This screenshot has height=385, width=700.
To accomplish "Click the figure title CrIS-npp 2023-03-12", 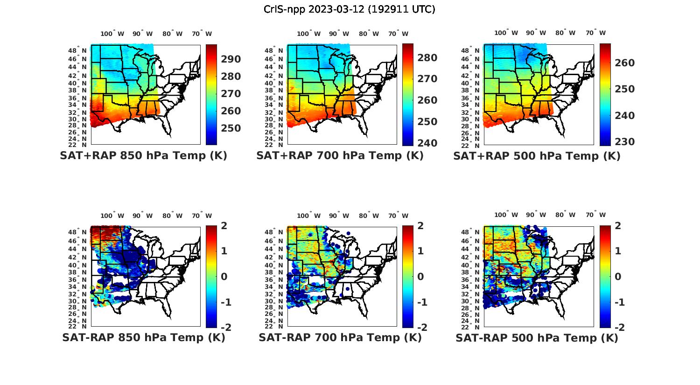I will pos(350,9).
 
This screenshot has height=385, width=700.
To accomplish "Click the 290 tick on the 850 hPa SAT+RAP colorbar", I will pos(231,59).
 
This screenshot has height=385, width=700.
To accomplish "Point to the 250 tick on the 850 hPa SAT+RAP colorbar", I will pos(231,128).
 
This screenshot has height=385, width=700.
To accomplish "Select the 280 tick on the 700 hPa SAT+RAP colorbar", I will pos(427,58).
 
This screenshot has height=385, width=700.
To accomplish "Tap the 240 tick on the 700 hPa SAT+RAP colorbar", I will pos(427,143).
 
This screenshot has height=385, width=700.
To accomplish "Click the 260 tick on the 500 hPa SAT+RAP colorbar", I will pos(625,63).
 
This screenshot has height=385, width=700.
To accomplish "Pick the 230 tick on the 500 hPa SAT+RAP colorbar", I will pos(625,142).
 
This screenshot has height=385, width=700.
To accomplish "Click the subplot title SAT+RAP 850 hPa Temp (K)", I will pos(143,156).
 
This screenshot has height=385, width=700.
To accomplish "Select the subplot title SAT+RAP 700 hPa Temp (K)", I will pos(340,156).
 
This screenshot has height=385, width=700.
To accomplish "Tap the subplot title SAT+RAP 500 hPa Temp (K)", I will pos(537,156).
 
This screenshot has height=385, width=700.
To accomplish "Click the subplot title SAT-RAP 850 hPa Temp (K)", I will pos(143,338).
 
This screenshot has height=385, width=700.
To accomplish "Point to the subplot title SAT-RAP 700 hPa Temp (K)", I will pos(340,338).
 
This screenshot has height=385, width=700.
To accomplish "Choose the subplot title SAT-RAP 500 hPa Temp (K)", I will pos(537,338).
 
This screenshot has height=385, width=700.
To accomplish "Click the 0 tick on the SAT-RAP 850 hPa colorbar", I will pos(224,277).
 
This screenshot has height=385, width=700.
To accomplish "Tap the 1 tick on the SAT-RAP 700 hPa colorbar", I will pos(420,251).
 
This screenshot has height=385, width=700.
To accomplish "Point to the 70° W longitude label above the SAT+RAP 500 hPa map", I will pos(595,33).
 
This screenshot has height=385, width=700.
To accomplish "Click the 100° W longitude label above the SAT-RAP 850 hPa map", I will pos(112,216).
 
